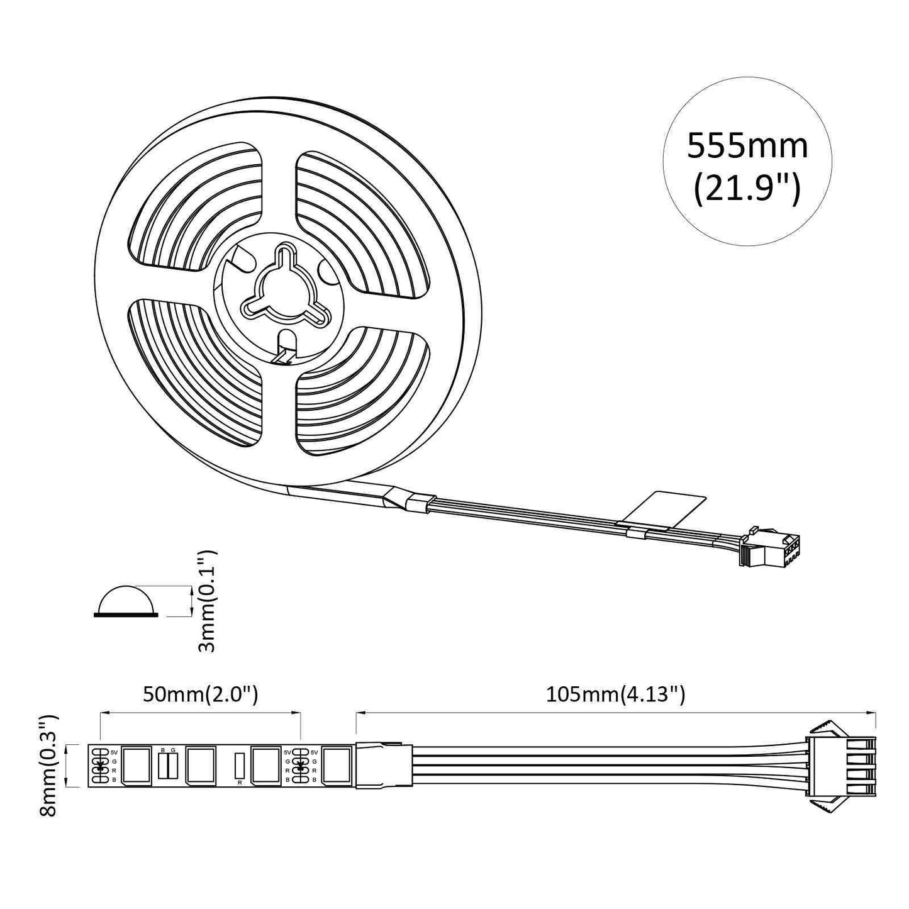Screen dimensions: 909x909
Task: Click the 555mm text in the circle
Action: (x=747, y=146)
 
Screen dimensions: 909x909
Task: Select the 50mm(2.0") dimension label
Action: (x=200, y=694)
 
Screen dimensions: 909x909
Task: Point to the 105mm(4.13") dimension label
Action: (x=615, y=694)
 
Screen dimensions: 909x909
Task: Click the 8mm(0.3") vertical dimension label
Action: (x=48, y=765)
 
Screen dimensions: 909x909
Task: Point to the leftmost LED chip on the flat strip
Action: (x=136, y=765)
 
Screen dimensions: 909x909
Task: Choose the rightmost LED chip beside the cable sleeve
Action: (x=337, y=765)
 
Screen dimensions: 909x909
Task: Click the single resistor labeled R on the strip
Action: (x=239, y=765)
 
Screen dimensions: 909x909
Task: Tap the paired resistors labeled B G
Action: (x=168, y=764)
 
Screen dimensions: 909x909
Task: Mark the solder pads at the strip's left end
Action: (x=99, y=765)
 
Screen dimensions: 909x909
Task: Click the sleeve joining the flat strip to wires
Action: (x=384, y=765)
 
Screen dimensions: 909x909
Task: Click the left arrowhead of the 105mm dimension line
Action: (x=359, y=713)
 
